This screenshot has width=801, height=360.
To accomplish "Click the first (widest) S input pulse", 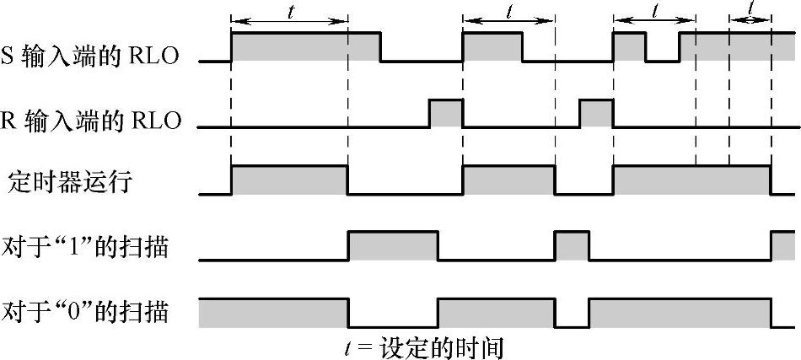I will pos(305,46).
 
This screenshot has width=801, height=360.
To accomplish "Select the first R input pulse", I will pos(446,113).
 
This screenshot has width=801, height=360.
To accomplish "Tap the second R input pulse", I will pos(596,113).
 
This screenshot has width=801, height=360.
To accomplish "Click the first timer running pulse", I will pos(289,180).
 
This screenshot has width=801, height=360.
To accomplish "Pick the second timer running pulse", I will pos(508,180).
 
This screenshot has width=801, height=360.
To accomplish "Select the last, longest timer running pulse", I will pos(691,180).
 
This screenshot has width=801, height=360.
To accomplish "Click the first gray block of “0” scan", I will pos(272,312).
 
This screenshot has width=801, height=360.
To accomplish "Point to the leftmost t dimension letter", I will pos(290,11).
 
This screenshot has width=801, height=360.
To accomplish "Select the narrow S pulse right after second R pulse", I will pos(629,46).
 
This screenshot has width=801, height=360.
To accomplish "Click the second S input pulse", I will pos(492,46).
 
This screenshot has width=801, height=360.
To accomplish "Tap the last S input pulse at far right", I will pos(739,46).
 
